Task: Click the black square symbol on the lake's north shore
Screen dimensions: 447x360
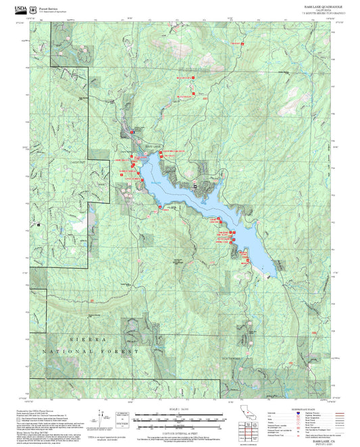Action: pyautogui.click(x=195, y=184)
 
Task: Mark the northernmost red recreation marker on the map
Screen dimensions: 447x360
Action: pyautogui.click(x=237, y=43)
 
